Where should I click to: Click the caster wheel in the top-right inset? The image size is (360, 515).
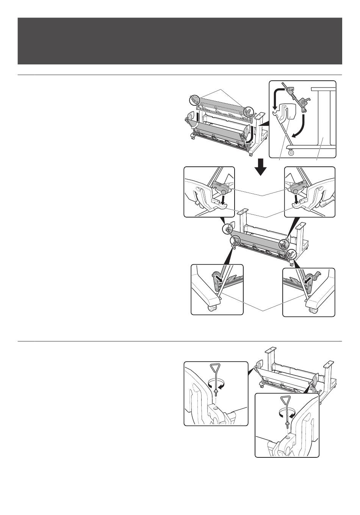point(291,153)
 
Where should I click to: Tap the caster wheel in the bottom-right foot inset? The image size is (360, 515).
point(313,310)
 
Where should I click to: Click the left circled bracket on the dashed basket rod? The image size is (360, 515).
point(194,100)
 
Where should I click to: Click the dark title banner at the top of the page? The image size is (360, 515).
point(180,41)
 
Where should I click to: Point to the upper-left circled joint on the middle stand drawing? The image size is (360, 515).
point(228,229)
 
